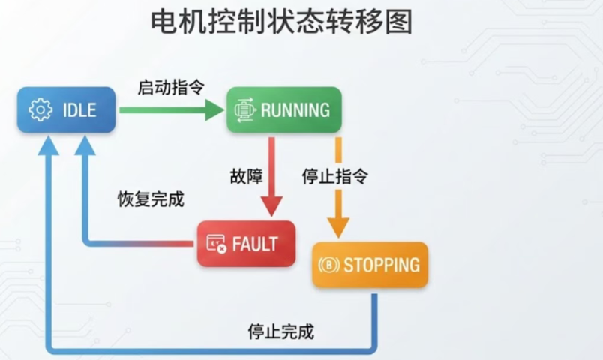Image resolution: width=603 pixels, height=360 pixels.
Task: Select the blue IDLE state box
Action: [x=67, y=110]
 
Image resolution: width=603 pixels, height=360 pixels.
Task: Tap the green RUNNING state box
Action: [x=284, y=110]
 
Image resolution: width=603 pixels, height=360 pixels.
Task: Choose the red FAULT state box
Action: [x=246, y=244]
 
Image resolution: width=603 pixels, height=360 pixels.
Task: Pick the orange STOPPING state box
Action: [x=370, y=265]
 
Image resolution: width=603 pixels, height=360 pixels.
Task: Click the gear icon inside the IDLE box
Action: [x=40, y=110]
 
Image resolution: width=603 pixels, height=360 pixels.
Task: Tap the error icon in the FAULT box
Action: [x=216, y=244]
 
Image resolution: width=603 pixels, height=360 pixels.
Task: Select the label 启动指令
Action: [x=160, y=87]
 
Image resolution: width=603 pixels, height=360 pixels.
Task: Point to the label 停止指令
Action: [x=334, y=177]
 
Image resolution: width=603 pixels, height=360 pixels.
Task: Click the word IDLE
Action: [x=79, y=110]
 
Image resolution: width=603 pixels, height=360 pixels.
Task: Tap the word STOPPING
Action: [x=382, y=265]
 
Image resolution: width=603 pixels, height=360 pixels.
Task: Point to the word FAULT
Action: [x=255, y=244]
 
